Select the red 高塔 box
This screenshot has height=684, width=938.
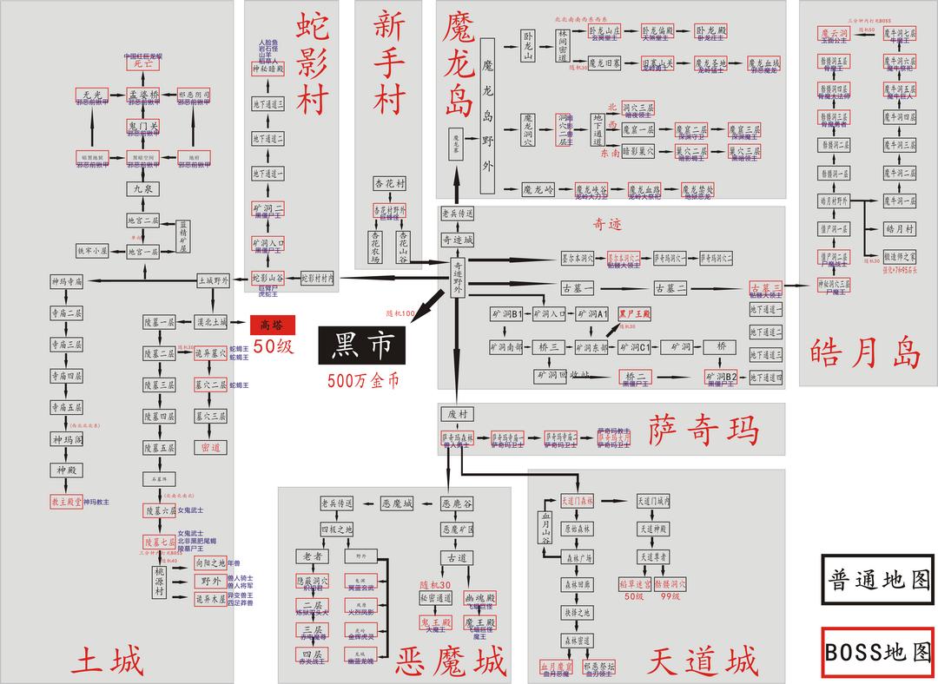(x=273, y=325)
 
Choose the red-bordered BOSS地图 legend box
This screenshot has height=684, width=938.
(x=879, y=652)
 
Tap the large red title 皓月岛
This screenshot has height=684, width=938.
(x=865, y=352)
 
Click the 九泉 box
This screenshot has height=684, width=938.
(x=142, y=188)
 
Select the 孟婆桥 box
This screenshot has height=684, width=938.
(x=143, y=94)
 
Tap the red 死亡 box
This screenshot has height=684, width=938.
(x=142, y=63)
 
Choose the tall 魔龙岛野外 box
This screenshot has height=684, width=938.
(x=486, y=115)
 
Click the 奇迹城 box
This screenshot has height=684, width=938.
(x=458, y=240)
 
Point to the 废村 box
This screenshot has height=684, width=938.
(x=457, y=414)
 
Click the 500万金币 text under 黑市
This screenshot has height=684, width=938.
(x=362, y=380)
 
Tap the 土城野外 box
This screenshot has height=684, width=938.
(x=213, y=280)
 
